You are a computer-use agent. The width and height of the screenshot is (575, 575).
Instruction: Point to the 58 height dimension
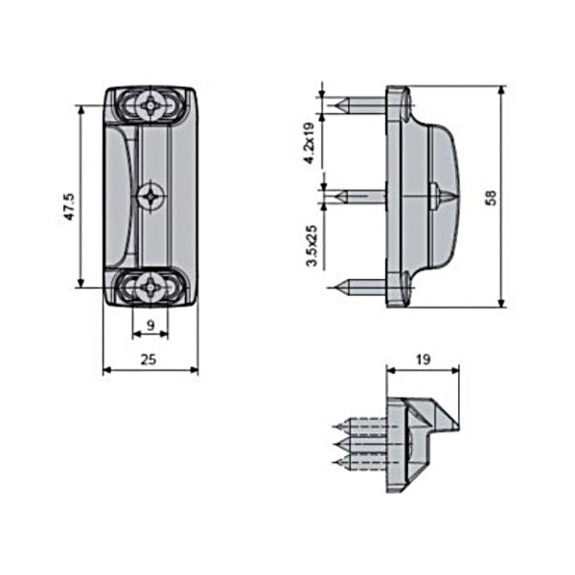(490, 197)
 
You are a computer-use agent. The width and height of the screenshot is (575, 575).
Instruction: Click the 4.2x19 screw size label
(310, 143)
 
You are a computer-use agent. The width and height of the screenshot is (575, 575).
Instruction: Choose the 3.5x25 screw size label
(310, 245)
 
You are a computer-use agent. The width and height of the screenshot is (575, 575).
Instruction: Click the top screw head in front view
(150, 104)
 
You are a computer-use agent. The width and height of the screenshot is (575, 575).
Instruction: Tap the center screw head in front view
(149, 196)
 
